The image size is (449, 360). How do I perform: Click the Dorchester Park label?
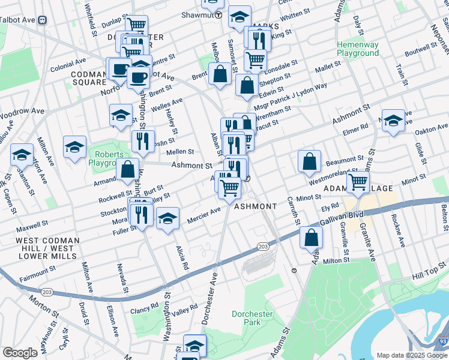click(252, 318)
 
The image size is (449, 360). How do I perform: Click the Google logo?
click(20, 353)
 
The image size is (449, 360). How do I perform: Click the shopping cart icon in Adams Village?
click(358, 182)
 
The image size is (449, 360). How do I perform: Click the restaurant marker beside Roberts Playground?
click(143, 141)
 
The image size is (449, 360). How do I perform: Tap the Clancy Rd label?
click(145, 305)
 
